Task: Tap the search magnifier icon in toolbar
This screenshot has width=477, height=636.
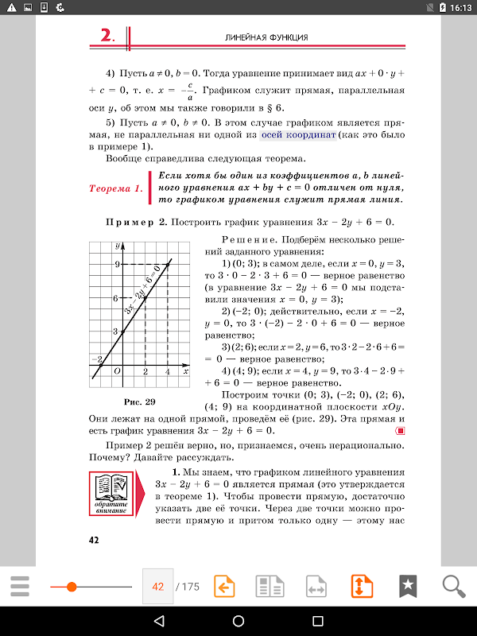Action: [454, 587]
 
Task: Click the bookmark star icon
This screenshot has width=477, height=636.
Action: [408, 587]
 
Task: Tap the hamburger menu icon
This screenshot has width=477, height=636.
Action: [20, 587]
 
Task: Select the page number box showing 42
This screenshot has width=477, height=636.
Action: [157, 587]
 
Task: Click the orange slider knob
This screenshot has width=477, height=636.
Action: [72, 587]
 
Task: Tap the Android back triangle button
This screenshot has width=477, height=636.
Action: [159, 620]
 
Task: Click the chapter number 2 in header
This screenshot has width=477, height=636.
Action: [107, 36]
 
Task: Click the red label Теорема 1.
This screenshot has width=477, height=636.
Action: [116, 189]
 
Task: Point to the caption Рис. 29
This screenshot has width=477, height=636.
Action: [139, 400]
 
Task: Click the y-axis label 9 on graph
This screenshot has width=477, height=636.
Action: [116, 264]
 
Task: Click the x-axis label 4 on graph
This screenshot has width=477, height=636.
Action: [167, 371]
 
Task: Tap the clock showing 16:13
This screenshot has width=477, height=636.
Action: [460, 7]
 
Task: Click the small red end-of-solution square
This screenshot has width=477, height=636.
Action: [401, 430]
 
